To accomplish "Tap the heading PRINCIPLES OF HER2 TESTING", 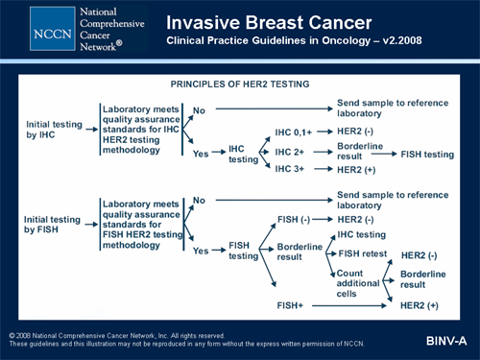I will (239, 84).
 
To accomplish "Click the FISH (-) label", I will (293, 220).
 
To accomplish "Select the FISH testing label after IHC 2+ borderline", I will (427, 153).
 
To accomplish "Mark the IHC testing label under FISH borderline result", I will (361, 234).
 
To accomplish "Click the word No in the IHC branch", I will (200, 109).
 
